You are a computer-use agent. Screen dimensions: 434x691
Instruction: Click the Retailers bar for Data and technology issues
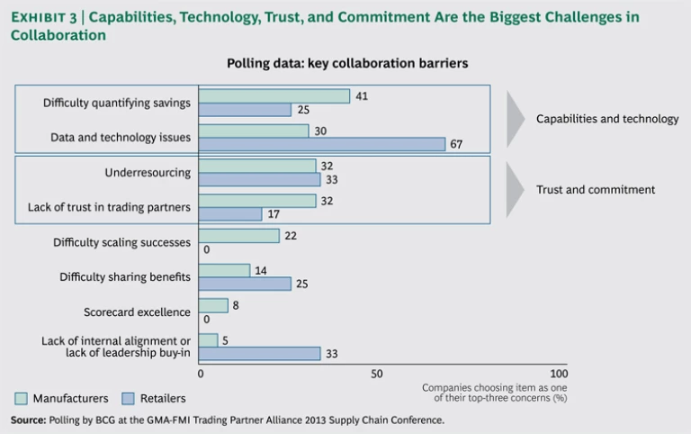tap(322, 144)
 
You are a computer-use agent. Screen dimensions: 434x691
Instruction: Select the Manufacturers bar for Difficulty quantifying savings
tap(274, 95)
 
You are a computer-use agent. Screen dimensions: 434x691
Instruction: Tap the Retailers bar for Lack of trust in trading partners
tap(230, 214)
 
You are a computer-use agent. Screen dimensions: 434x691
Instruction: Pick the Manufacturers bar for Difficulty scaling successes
tap(239, 235)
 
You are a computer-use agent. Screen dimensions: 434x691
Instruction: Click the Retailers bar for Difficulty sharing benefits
tap(245, 284)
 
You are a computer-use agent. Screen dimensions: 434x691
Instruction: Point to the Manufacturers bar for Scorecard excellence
tap(213, 305)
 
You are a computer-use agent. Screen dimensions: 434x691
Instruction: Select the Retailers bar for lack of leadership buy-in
tap(259, 354)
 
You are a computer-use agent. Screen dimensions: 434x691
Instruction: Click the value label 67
tap(456, 144)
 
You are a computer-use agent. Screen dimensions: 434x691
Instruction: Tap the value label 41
tap(363, 95)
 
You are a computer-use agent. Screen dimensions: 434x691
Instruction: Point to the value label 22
tap(291, 235)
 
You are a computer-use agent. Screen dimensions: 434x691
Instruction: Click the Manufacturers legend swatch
tap(20, 398)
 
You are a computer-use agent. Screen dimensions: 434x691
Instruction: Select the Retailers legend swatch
tap(103, 398)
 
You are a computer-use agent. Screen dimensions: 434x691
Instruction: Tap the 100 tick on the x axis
tap(558, 374)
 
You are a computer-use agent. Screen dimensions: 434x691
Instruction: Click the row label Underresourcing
tap(148, 172)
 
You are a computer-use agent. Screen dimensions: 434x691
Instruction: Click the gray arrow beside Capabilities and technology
tap(515, 119)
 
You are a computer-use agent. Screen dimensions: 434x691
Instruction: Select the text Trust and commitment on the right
tap(596, 190)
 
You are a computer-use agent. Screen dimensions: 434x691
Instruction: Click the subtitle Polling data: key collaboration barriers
tap(346, 64)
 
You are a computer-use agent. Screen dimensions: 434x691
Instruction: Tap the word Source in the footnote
tap(27, 420)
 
